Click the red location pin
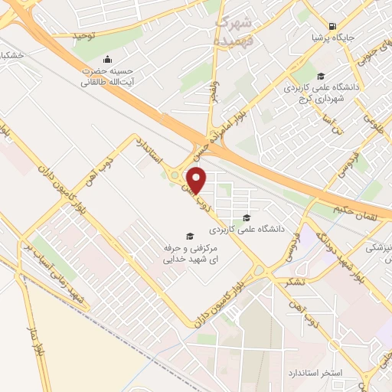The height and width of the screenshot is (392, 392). (x=197, y=179)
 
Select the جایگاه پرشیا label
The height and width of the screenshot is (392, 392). (x=330, y=36)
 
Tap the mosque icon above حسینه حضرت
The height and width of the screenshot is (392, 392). (x=106, y=60)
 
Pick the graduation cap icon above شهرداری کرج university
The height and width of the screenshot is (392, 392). (x=321, y=75)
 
